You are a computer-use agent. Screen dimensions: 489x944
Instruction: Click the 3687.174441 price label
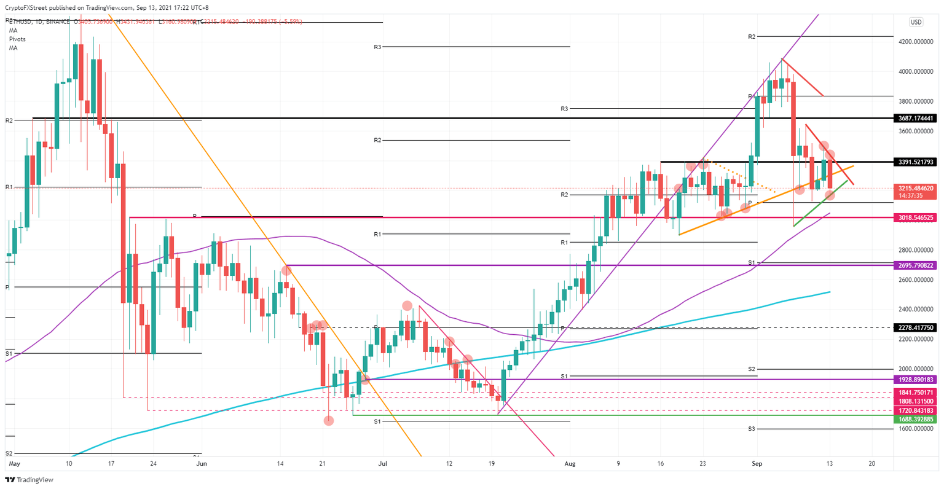point(916,118)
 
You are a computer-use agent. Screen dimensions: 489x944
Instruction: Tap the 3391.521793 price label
point(916,162)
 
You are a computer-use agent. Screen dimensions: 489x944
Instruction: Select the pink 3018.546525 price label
point(916,217)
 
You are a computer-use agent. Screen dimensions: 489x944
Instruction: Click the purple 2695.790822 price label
point(916,265)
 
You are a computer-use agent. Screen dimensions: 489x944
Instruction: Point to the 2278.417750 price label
point(916,328)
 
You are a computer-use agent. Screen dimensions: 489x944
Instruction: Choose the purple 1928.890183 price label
point(916,380)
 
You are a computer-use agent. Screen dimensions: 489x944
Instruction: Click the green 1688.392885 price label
point(916,420)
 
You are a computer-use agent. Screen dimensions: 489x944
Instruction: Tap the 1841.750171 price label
point(916,392)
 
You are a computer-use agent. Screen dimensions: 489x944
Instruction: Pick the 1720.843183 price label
point(916,410)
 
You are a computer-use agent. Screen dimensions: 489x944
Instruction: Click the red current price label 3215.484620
point(916,188)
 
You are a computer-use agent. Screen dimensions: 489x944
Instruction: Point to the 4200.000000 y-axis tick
point(916,42)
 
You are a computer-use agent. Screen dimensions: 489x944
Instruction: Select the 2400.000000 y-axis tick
point(916,310)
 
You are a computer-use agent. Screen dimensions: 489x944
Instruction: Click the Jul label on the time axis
point(382,464)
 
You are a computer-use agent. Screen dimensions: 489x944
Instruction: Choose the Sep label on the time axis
point(757,464)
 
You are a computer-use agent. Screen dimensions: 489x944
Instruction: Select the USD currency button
point(916,22)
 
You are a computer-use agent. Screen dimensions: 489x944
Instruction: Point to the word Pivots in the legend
point(17,39)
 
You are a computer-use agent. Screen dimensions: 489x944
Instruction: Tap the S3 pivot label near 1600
point(752,429)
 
